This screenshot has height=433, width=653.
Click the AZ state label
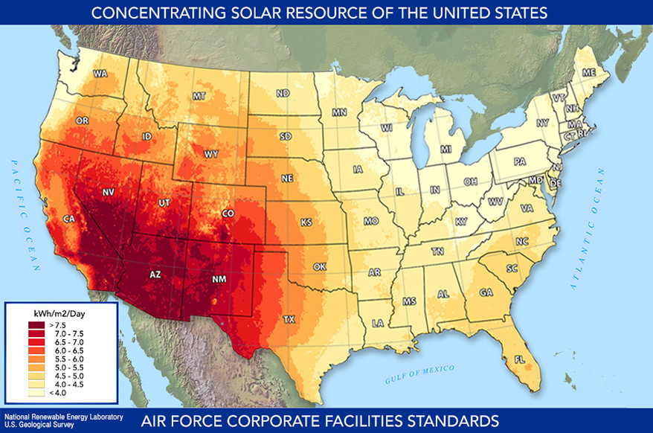(155, 275)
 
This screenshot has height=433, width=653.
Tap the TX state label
(289, 319)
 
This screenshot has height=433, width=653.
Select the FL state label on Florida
(518, 360)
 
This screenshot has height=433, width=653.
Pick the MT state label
(199, 97)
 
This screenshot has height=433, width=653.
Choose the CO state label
(228, 214)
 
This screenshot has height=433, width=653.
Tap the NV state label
(108, 192)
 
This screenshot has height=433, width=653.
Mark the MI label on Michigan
(446, 150)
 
